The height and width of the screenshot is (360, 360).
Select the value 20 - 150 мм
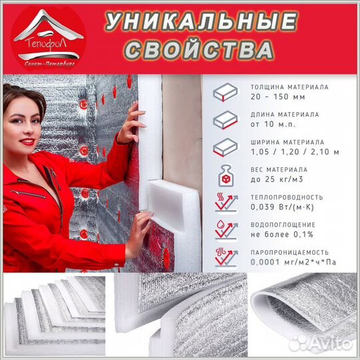pyautogui.click(x=276, y=97)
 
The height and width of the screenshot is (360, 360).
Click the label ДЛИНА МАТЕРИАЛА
pyautogui.click(x=282, y=115)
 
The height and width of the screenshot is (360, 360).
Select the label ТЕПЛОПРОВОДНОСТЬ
pyautogui.click(x=287, y=197)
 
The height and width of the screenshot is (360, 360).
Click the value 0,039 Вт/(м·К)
pyautogui.click(x=281, y=207)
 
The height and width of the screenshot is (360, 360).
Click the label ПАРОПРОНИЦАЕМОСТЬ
pyautogui.click(x=289, y=253)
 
